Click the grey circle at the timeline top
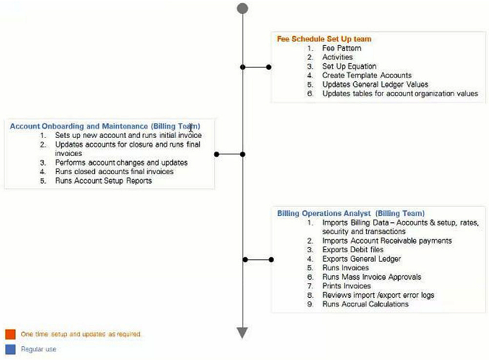click(242, 8)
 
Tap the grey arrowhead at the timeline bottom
click(242, 333)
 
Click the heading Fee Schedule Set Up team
click(324, 39)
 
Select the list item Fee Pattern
click(342, 48)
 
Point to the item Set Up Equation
click(349, 66)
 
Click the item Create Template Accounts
click(367, 75)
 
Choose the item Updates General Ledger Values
click(375, 85)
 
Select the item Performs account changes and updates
click(121, 163)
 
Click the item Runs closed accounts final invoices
click(114, 171)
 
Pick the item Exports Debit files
click(353, 250)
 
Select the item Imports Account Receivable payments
click(387, 241)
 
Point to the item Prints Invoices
click(346, 286)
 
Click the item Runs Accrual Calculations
click(365, 304)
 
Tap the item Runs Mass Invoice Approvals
click(371, 277)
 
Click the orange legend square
click(10, 334)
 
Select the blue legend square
click(10, 349)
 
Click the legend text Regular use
click(39, 349)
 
